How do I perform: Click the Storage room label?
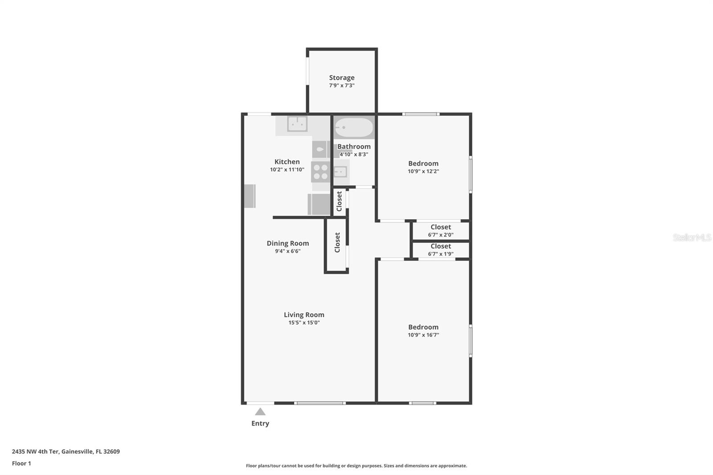(342, 78)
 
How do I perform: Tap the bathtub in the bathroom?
(354, 127)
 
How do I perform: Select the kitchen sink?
(297, 124)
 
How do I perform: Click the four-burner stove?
(320, 172)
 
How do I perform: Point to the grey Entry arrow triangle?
(260, 412)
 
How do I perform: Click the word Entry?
(260, 423)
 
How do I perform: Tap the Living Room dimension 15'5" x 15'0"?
(304, 323)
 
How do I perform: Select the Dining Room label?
(287, 243)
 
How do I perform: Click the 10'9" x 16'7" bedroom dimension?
(423, 335)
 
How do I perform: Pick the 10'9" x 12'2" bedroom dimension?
(423, 171)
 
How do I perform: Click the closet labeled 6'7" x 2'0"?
(441, 230)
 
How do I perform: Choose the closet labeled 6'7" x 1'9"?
(441, 250)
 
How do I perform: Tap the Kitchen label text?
(287, 162)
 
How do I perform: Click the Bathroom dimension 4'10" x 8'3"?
(354, 155)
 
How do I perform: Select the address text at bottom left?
(66, 451)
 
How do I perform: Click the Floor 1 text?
(21, 463)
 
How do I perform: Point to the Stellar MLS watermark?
(692, 237)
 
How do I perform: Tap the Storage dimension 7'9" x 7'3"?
(342, 86)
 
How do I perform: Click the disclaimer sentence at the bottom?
(356, 466)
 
